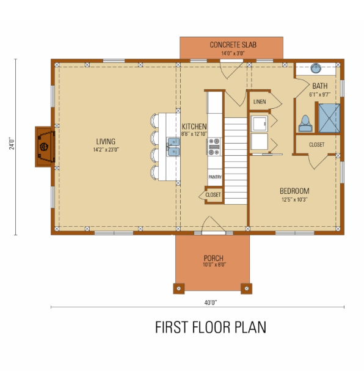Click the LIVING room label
point(106,141)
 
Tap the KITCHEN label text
point(194,127)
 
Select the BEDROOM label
point(294,191)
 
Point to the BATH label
point(320,86)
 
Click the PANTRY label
point(215,177)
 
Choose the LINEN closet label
point(260,101)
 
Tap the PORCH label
point(214,258)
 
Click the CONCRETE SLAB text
point(233,45)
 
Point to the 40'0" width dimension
point(211,303)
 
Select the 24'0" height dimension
point(12,143)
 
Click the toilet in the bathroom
point(305,123)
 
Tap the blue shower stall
point(329,118)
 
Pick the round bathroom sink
point(316,68)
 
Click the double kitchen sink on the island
point(173,147)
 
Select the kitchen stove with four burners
point(214,147)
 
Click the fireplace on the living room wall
point(45,147)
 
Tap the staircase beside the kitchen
point(236,161)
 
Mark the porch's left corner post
point(179,288)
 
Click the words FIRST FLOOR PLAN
point(211,327)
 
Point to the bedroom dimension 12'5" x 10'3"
point(294,199)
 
